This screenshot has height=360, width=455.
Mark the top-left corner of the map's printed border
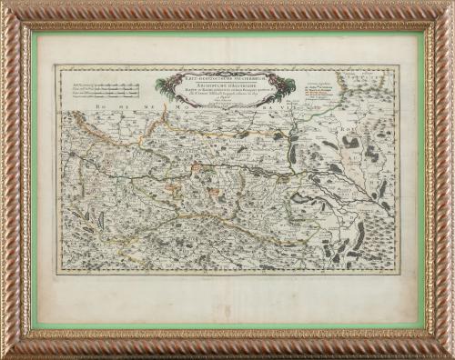click(56, 65)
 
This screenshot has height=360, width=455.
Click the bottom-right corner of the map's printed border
click(398, 272)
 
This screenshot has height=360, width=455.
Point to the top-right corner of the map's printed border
click(398, 65)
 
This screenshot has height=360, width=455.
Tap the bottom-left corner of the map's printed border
click(56, 272)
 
